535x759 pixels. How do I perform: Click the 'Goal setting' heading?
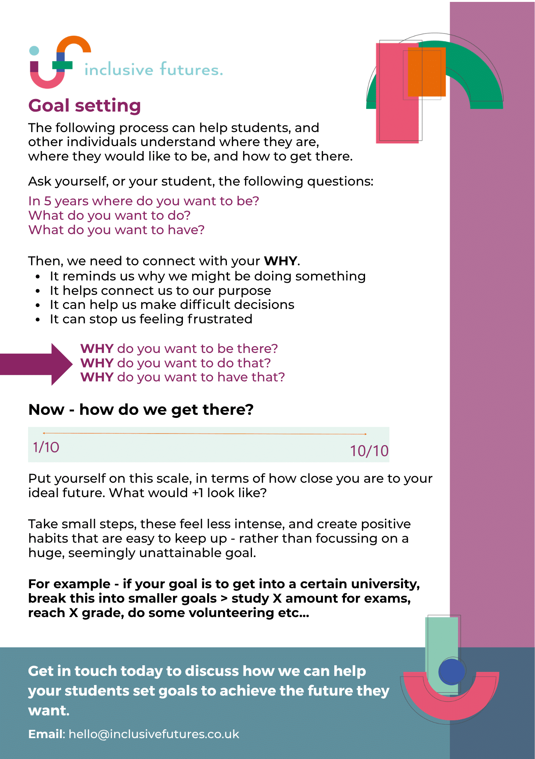pos(85,106)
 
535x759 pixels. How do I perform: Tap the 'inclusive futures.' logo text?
pos(153,70)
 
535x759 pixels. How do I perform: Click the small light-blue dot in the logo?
pos(34,50)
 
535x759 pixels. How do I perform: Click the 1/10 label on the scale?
pos(46,447)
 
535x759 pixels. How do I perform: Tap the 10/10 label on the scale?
pos(369,451)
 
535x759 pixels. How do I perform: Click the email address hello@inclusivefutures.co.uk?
pos(154,734)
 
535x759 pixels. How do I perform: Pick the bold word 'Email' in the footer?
pos(46,734)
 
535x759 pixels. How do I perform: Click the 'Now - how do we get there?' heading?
pos(141,410)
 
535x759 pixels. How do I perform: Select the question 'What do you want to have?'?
pos(116,230)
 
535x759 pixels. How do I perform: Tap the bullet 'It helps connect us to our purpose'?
pos(160,291)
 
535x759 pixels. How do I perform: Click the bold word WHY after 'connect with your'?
pos(281,261)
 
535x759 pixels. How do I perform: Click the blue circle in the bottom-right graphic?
pos(452,672)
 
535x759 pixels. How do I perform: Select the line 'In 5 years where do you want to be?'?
pos(143,201)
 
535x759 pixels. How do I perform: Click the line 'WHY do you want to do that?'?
pos(175,363)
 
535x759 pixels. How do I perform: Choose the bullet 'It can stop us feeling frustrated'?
pos(151,319)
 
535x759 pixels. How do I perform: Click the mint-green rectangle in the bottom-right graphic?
pos(442,641)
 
